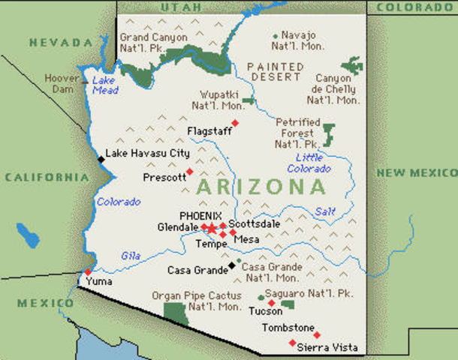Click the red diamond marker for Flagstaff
coord(235,123)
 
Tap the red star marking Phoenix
coord(212,228)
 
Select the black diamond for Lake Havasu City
coord(101,159)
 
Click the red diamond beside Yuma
coord(89,271)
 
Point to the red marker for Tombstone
coord(316,334)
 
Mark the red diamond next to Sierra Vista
coord(292,343)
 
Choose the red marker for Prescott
coord(190,172)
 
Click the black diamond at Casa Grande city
coord(231,265)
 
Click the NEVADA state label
coord(55,43)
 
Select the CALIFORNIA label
coord(47,178)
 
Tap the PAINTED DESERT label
coord(276,72)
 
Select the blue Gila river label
coord(131,256)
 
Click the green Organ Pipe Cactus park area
coord(175,313)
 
